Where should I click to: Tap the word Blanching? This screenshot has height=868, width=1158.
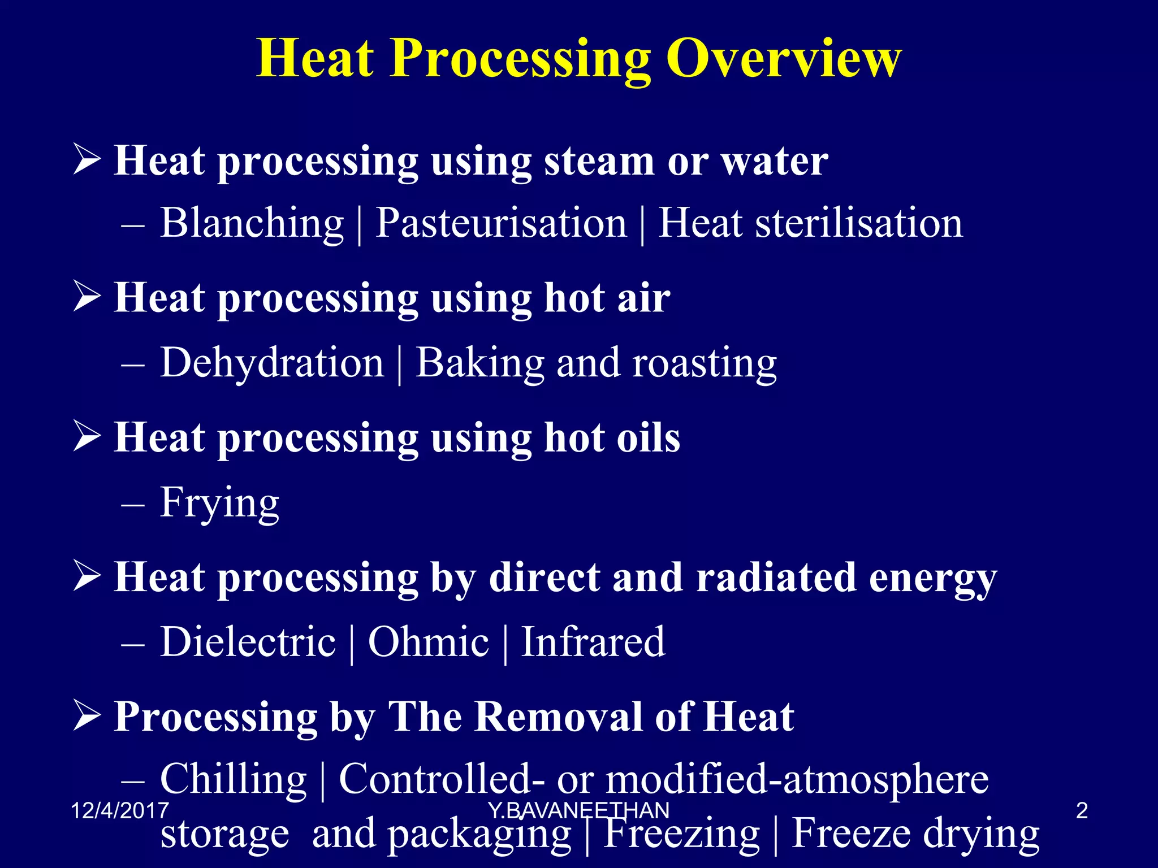point(252,223)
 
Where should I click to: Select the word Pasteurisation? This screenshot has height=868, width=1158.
point(501,223)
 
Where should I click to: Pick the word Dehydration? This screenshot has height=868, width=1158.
point(272,363)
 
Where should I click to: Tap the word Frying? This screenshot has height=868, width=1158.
point(219,503)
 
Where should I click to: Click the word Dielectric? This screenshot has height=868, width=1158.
point(248,642)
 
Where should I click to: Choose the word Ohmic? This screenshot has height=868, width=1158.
point(428,642)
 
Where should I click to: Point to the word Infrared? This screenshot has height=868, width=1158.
point(593,642)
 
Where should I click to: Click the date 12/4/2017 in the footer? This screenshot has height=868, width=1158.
point(120,811)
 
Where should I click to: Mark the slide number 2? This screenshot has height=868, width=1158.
point(1082,811)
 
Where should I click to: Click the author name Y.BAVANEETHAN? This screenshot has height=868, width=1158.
point(578,811)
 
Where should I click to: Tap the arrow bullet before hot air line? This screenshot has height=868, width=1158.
point(87,298)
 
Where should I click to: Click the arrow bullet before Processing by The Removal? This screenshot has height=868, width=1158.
point(87,717)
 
